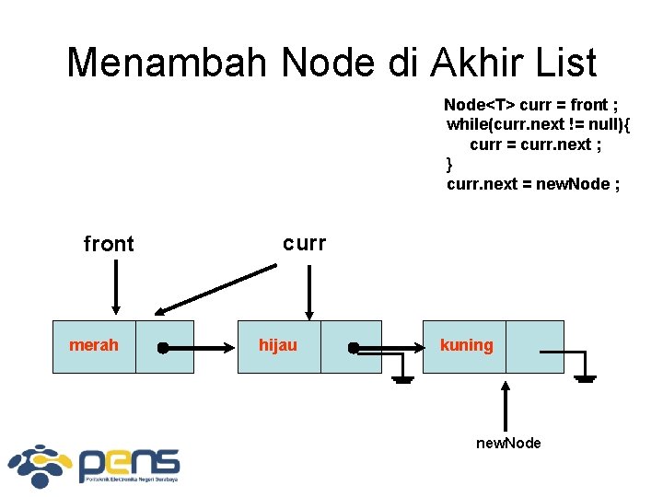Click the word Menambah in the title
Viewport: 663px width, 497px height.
pyautogui.click(x=167, y=63)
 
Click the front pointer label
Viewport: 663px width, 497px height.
pyautogui.click(x=109, y=244)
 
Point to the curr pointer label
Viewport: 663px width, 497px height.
pyautogui.click(x=304, y=243)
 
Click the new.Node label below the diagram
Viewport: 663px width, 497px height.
pyautogui.click(x=508, y=444)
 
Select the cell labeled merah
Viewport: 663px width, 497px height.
pyautogui.click(x=94, y=346)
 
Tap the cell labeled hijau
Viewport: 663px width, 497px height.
pyautogui.click(x=278, y=346)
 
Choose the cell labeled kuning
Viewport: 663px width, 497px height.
pyautogui.click(x=465, y=346)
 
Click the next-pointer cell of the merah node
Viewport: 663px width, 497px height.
pyautogui.click(x=165, y=346)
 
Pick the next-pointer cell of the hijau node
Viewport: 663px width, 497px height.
pyautogui.click(x=351, y=346)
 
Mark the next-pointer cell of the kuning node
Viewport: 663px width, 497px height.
pyautogui.click(x=535, y=346)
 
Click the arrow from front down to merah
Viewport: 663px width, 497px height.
pyautogui.click(x=115, y=287)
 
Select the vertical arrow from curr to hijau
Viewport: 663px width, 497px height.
pyautogui.click(x=309, y=291)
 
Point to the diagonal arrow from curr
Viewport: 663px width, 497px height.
pyautogui.click(x=217, y=290)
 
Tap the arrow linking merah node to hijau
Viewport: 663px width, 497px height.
pyautogui.click(x=199, y=349)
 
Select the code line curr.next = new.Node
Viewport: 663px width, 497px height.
pyautogui.click(x=532, y=184)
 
